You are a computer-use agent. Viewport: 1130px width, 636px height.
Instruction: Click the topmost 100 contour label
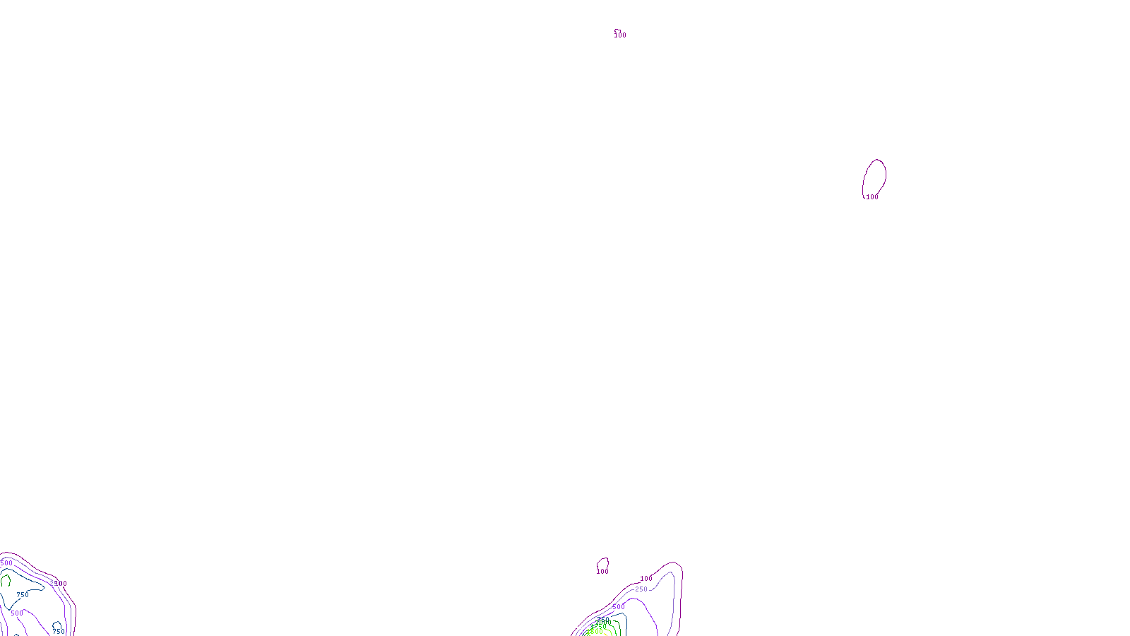pos(620,35)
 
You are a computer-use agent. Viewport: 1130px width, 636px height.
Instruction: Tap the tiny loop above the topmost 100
pos(617,30)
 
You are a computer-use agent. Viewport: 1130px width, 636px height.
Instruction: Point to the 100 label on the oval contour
pos(872,197)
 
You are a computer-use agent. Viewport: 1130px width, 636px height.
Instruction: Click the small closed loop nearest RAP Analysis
pos(602,563)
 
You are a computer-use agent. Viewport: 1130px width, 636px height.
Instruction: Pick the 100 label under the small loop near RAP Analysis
pos(602,572)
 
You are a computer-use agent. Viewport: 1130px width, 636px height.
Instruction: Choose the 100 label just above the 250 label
pos(646,579)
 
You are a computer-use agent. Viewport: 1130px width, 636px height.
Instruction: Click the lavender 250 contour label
pos(641,589)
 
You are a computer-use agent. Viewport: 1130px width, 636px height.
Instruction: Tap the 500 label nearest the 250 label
pos(618,607)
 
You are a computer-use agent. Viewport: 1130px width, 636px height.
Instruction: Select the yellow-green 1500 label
pos(595,632)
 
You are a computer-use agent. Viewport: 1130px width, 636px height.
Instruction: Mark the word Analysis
pos(584,627)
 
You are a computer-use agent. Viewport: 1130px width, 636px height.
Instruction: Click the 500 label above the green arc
pos(6,563)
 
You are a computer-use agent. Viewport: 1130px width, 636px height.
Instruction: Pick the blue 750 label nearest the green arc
pos(23,595)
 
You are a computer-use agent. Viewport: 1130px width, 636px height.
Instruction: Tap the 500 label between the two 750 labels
pos(17,613)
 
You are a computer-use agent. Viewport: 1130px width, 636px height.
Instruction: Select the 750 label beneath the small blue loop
pos(58,632)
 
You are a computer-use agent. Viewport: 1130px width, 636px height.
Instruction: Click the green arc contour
pos(6,581)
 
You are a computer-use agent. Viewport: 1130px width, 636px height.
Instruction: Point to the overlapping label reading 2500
pos(58,584)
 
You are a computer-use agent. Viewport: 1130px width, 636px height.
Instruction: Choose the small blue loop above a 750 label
pos(56,625)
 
